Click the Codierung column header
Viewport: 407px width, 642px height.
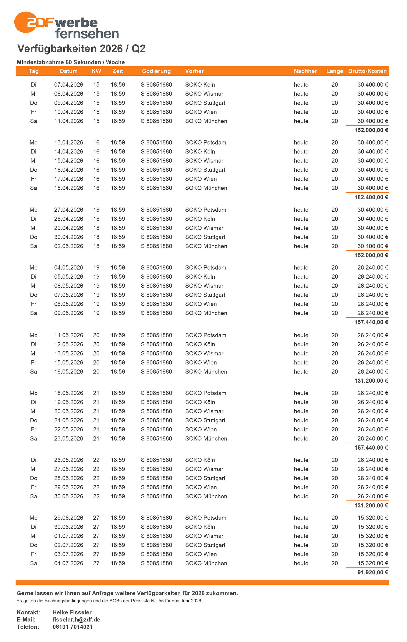(x=156, y=71)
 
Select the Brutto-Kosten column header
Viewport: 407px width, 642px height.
(x=367, y=71)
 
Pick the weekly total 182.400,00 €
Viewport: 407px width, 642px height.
(x=371, y=197)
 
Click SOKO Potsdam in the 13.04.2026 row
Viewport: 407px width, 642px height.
(x=206, y=143)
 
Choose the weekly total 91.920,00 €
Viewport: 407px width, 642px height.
(x=373, y=573)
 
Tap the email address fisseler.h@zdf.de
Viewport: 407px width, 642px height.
(x=76, y=620)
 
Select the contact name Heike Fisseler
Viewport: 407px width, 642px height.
(x=72, y=612)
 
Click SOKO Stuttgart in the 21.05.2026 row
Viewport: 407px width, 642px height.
(x=205, y=420)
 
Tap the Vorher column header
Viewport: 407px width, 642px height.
(x=194, y=71)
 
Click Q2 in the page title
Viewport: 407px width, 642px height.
(x=138, y=49)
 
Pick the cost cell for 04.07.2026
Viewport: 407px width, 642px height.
(x=373, y=563)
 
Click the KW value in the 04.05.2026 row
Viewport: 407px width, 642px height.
(x=96, y=268)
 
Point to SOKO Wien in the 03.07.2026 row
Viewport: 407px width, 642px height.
(x=201, y=554)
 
